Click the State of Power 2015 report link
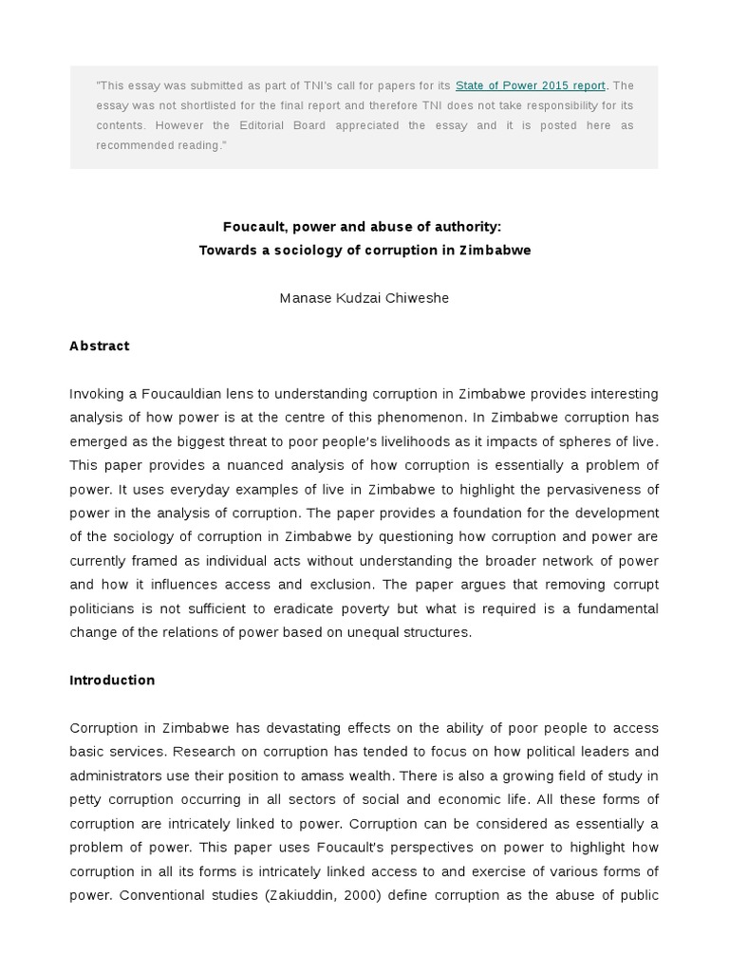pos(530,85)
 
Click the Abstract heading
pos(100,346)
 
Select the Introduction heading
pos(112,680)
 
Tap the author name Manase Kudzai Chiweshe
pos(364,298)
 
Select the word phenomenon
pos(403,417)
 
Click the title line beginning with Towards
pos(364,251)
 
